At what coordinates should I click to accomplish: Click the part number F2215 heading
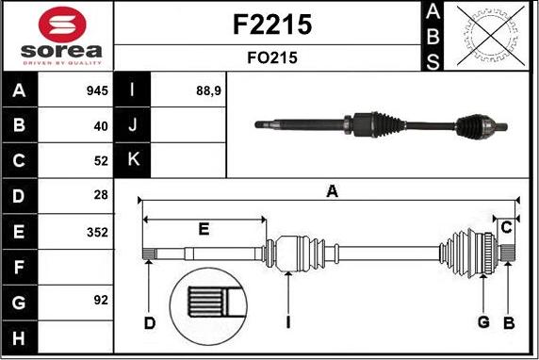point(271,25)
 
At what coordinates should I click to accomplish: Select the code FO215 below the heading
point(271,57)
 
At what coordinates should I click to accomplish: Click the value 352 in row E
point(97,231)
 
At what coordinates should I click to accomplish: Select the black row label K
point(133,160)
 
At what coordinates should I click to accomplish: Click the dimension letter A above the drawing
point(332,191)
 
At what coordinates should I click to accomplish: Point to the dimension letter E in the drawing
point(204,229)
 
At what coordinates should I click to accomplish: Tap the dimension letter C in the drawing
point(506,227)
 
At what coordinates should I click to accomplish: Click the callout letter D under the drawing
point(149,323)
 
